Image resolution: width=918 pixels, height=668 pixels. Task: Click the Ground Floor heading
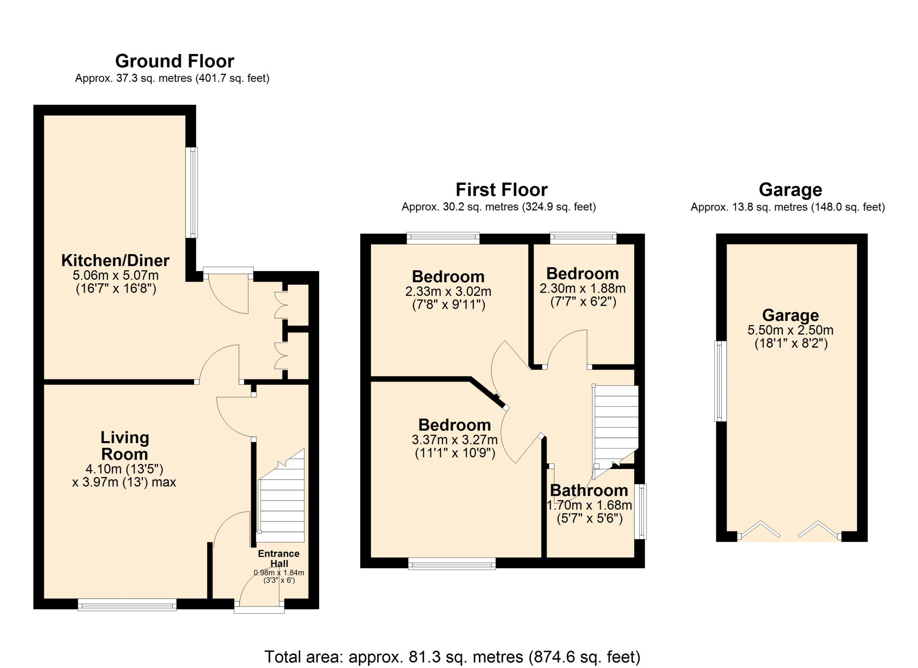coord(174,61)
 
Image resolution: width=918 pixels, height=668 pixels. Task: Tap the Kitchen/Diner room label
coord(115,260)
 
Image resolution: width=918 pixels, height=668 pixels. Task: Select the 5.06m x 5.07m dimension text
coord(116,276)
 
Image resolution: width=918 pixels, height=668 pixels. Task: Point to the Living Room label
coord(125,446)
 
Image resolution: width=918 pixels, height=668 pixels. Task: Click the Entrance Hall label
coord(279,558)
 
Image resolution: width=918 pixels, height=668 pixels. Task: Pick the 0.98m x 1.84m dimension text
coord(279,573)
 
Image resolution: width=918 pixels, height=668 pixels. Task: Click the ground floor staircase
coord(281,495)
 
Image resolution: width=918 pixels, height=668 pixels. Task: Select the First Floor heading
coord(502,189)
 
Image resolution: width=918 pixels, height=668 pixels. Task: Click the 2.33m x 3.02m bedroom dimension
coord(448,292)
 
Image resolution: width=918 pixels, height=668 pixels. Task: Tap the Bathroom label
coord(589,491)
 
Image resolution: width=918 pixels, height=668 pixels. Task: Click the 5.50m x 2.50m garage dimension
coord(790,330)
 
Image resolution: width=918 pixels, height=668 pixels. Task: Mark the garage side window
coord(720,381)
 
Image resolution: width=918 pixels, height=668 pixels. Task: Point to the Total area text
coord(453,657)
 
